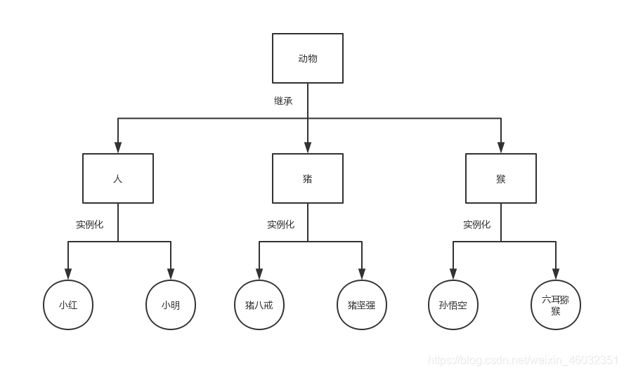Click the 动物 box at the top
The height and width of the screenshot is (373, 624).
point(308,58)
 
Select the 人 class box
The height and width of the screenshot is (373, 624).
point(118,178)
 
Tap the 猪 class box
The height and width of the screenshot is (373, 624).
point(308,178)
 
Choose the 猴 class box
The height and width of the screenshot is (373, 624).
point(501,178)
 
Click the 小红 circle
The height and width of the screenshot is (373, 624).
point(68,305)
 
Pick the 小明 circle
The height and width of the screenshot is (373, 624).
point(171,305)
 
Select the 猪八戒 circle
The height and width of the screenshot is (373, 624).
point(259,305)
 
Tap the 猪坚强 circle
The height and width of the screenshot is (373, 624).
point(362,305)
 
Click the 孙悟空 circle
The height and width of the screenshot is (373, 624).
point(453,305)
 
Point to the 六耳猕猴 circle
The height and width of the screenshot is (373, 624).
point(556,305)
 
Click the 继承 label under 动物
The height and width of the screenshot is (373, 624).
point(283,100)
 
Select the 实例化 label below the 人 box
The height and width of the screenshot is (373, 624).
point(89,225)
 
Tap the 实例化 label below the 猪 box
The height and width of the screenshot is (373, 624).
point(280,225)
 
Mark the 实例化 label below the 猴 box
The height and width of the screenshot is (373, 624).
point(476,225)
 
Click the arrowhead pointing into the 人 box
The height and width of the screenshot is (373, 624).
point(118,148)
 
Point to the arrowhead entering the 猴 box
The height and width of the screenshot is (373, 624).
point(501,148)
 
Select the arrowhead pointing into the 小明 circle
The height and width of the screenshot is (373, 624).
point(171,274)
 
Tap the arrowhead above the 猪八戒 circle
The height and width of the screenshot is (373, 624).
point(259,274)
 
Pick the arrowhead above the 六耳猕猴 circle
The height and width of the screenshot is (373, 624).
point(556,274)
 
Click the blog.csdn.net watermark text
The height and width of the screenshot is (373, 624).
point(523,360)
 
